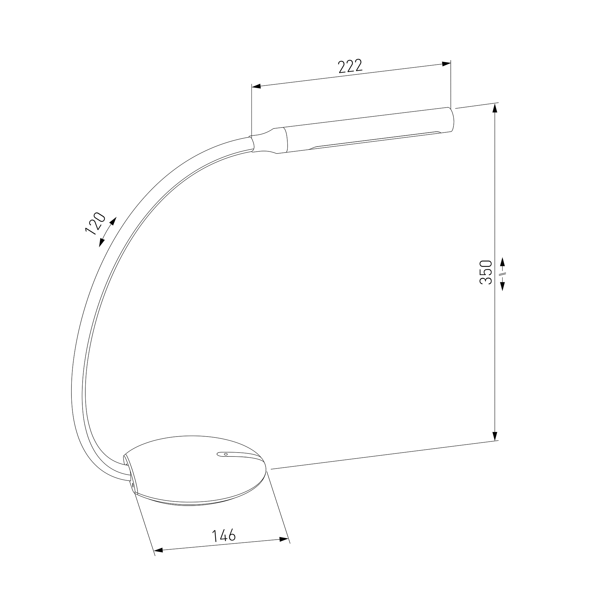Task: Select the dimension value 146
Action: click(x=224, y=535)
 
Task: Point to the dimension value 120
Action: click(x=95, y=223)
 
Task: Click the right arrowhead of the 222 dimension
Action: click(x=446, y=64)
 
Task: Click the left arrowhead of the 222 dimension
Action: click(x=256, y=86)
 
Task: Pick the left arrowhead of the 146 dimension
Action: click(x=159, y=559)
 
